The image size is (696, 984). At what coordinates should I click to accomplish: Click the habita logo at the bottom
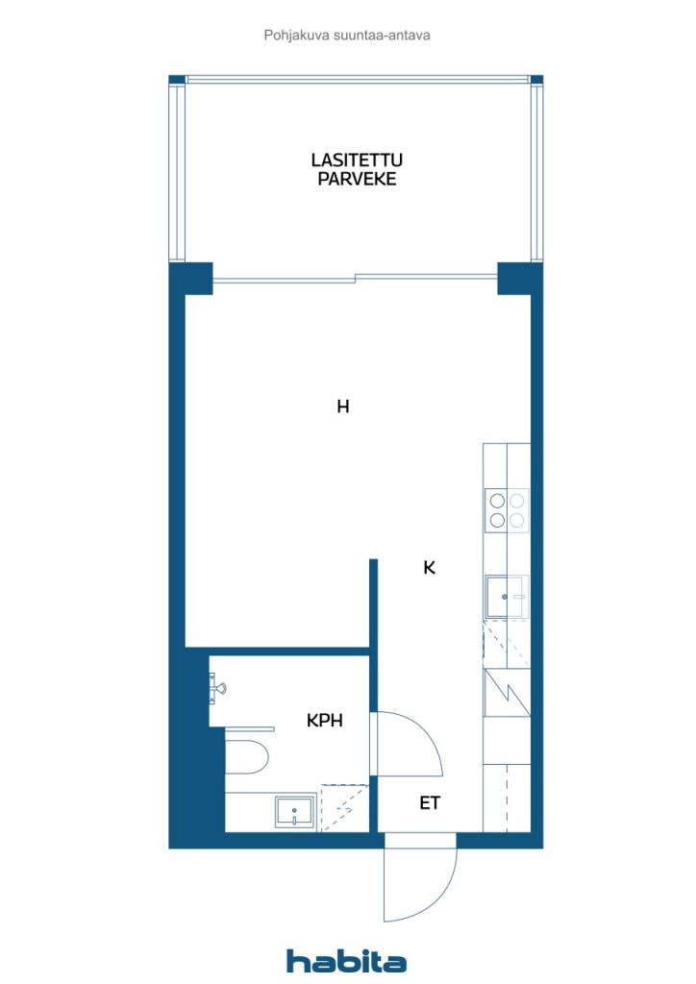(x=346, y=960)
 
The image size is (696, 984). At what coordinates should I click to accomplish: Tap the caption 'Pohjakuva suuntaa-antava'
(x=347, y=36)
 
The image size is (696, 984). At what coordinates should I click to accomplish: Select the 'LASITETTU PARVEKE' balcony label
(x=357, y=169)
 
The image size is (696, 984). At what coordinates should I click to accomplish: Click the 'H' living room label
(x=342, y=406)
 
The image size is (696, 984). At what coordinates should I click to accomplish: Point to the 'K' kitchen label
(x=430, y=567)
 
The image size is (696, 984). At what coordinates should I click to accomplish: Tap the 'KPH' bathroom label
(x=325, y=721)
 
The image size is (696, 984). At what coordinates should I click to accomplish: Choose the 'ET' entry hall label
(x=430, y=802)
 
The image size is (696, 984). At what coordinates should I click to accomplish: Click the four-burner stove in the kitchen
(x=507, y=510)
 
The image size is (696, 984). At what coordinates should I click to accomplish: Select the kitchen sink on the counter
(x=506, y=596)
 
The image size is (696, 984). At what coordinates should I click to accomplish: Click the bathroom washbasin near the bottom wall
(x=295, y=811)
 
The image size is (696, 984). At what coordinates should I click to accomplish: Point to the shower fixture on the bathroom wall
(x=216, y=687)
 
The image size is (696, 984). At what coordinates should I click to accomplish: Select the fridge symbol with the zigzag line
(x=507, y=693)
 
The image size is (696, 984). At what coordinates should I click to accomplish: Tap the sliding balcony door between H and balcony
(x=356, y=278)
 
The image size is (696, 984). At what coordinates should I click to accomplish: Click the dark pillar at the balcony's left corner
(x=191, y=279)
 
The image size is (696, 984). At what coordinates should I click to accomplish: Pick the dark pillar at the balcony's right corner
(x=520, y=279)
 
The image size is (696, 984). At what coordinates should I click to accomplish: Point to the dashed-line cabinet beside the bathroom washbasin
(x=344, y=807)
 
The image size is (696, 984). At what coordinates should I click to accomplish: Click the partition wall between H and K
(x=373, y=603)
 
